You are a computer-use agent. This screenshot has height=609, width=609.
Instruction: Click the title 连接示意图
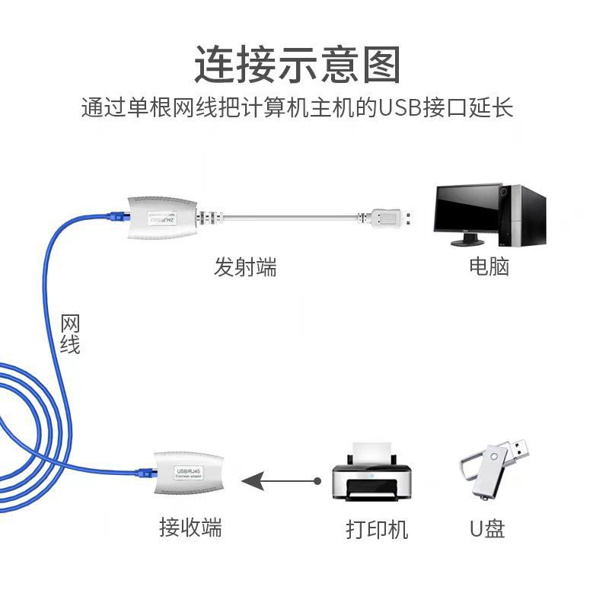(297, 64)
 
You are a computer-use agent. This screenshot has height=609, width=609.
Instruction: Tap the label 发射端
(245, 267)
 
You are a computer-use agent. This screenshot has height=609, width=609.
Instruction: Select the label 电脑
(489, 266)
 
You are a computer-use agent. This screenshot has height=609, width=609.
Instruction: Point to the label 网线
(70, 334)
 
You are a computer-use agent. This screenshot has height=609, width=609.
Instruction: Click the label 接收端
(190, 527)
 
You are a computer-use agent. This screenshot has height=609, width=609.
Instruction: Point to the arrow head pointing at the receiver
(251, 481)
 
